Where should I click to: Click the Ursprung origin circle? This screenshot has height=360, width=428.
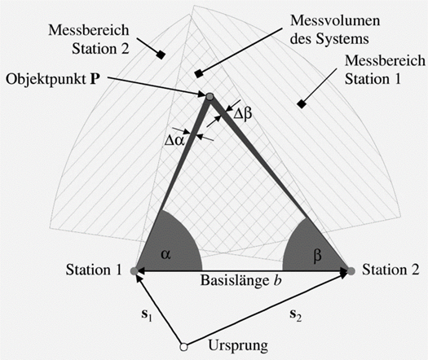coord(183,347)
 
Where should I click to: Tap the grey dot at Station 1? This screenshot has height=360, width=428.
coord(134,271)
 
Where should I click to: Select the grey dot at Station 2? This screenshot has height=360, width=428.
coord(351,271)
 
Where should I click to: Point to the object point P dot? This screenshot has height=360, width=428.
coord(210,97)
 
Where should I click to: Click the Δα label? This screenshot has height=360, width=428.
coord(174,141)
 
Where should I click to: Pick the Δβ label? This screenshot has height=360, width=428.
coord(243,114)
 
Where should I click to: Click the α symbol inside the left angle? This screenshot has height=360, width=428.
coord(165,254)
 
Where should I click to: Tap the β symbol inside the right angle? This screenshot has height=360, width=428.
coord(317,256)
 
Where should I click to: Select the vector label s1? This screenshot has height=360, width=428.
coord(146,315)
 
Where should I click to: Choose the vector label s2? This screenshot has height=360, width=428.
coord(296,315)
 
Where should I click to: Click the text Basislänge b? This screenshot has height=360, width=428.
coord(241,280)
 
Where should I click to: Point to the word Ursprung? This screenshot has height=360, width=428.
coord(238,346)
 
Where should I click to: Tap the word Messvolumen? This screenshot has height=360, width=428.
coord(335,20)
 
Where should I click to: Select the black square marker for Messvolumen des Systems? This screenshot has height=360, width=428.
coord(198,73)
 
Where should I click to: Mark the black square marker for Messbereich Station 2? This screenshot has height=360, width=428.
coord(161,55)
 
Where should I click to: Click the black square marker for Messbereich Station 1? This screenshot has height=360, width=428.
coord(302,104)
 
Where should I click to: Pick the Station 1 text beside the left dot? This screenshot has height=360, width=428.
coord(94,270)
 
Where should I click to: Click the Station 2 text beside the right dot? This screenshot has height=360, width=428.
coord(390,270)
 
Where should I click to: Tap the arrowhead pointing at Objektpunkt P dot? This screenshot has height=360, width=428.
coord(202,94)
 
